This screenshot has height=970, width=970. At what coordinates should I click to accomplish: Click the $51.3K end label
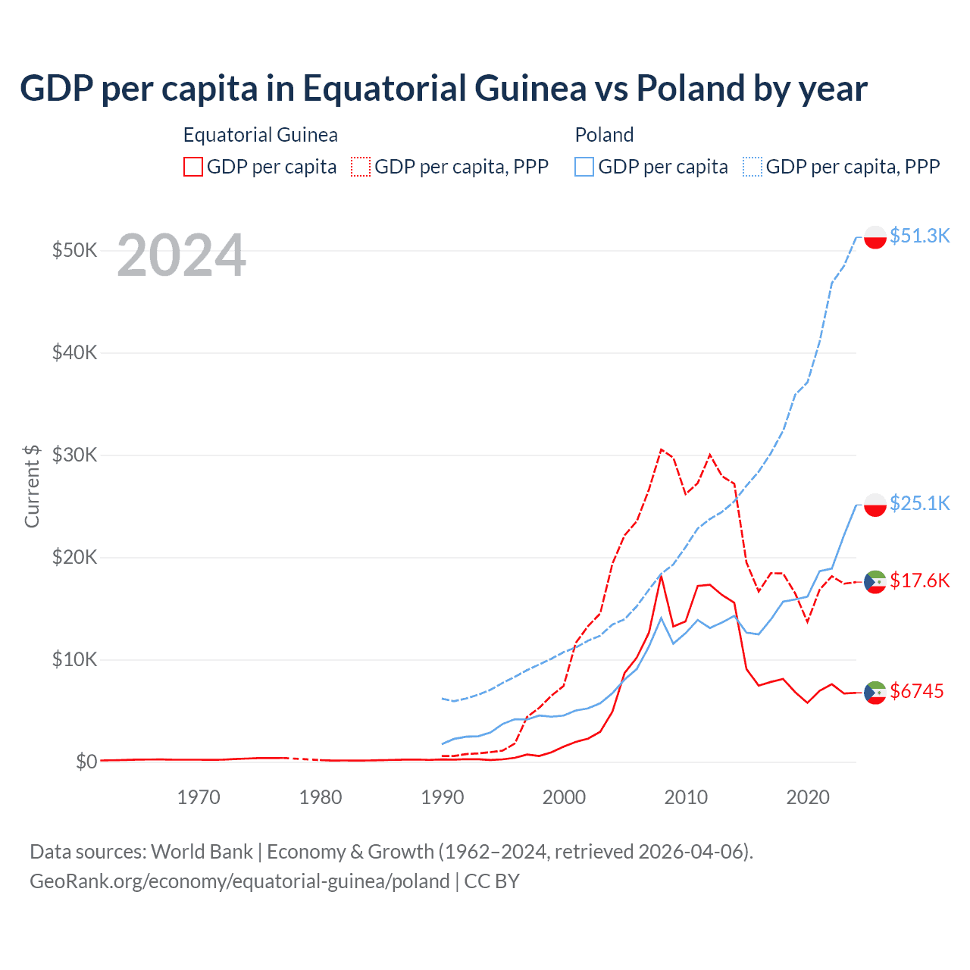click(x=919, y=236)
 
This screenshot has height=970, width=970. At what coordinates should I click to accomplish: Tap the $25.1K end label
click(x=919, y=503)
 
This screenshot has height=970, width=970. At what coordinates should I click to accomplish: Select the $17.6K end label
click(x=919, y=580)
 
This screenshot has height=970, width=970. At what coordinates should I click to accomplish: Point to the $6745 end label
click(x=916, y=691)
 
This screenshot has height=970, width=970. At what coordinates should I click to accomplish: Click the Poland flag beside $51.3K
click(x=875, y=237)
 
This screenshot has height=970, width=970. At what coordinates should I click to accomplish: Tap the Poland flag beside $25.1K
click(x=875, y=505)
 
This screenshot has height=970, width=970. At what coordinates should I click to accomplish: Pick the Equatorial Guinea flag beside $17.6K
click(x=875, y=582)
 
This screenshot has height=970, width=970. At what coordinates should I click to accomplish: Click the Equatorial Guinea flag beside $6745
click(x=875, y=693)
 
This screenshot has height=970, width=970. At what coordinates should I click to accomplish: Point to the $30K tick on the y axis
click(x=74, y=455)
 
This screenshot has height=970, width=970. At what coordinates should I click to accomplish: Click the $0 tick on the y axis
click(x=86, y=762)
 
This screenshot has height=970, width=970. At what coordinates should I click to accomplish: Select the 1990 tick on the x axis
click(x=443, y=797)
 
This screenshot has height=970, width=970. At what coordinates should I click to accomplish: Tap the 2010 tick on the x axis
click(x=686, y=797)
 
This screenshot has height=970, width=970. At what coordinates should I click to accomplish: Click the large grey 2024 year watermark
click(x=182, y=255)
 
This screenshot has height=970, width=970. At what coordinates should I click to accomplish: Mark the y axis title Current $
click(x=32, y=486)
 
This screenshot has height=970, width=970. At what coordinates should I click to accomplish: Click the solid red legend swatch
click(x=193, y=167)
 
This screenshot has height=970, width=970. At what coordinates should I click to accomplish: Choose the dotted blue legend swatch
click(x=753, y=167)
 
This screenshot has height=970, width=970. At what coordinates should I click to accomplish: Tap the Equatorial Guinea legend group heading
click(x=261, y=135)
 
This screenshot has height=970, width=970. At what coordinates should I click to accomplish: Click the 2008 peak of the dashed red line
click(x=661, y=449)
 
